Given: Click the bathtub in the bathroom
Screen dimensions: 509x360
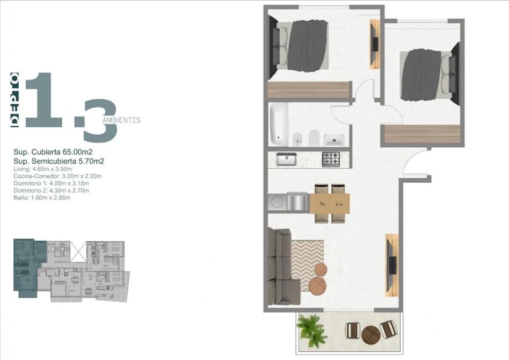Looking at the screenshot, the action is tap(279, 124).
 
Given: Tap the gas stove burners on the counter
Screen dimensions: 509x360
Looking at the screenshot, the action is tap(331, 159).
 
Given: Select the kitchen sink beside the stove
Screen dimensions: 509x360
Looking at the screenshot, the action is tap(286, 159).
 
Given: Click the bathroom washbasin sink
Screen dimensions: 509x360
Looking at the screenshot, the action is tap(335, 140).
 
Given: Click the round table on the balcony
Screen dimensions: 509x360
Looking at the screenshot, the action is tap(370, 334).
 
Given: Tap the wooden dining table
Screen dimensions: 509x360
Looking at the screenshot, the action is tap(330, 204).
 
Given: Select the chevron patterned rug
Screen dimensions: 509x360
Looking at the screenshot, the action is tap(308, 265).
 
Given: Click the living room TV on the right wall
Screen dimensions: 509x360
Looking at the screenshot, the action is tap(392, 265).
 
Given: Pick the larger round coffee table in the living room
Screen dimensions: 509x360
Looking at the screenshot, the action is tap(318, 286).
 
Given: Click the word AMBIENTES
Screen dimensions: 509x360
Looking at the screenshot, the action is tap(121, 120).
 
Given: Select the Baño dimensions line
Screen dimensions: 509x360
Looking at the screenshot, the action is tap(42, 198).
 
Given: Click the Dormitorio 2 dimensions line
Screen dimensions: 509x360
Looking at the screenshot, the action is tap(51, 190).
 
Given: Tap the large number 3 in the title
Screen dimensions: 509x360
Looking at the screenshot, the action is tap(100, 120).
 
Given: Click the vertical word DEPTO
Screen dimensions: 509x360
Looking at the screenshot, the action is tap(15, 100).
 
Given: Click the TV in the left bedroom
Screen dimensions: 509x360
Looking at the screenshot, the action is tap(375, 44).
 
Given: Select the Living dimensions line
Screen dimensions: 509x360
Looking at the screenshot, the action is tap(43, 169).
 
